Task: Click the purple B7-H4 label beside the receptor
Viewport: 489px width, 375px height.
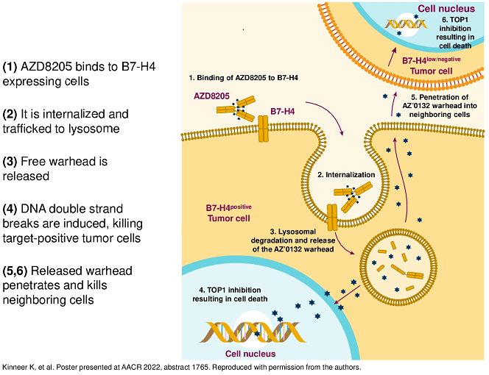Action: point(284,112)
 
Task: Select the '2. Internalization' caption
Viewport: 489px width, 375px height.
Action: point(347,175)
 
